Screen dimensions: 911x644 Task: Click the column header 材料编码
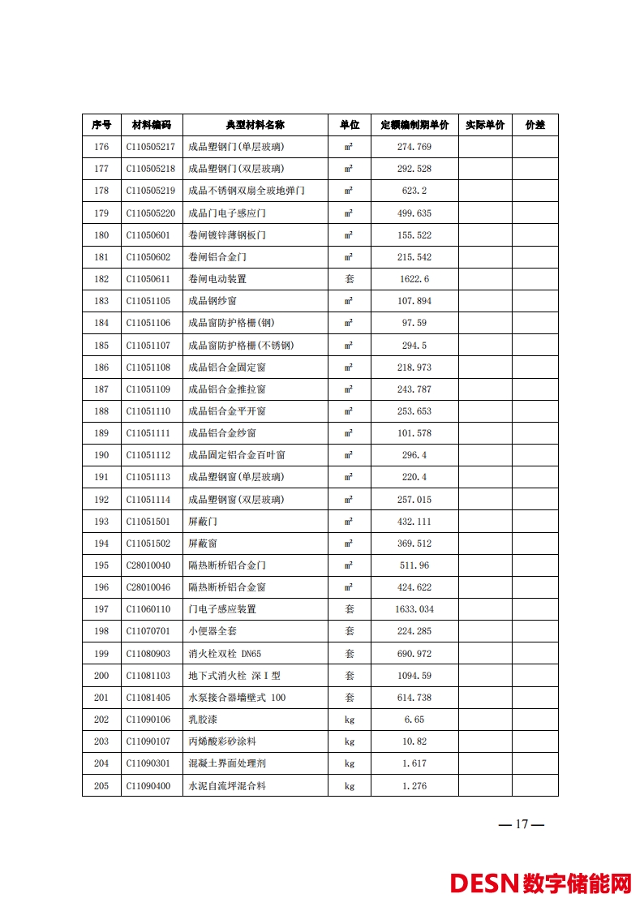(x=152, y=125)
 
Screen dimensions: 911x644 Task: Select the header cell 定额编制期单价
(x=414, y=125)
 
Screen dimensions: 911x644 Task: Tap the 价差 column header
(x=535, y=125)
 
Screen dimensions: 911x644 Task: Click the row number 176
(x=101, y=147)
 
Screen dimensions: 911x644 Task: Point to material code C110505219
(x=151, y=191)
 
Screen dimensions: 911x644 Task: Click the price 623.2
(x=414, y=191)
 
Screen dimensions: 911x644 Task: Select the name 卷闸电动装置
(x=217, y=279)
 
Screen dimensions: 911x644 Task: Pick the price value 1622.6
(x=414, y=279)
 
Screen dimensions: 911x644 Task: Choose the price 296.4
(x=414, y=455)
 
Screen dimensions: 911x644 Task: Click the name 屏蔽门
(x=203, y=521)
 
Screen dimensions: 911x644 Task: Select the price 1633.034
(x=414, y=609)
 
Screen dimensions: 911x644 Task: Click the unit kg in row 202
(x=350, y=720)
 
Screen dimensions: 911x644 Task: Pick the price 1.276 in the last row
(x=414, y=785)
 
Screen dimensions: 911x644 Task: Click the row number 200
(x=101, y=675)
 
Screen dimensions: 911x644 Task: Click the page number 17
(x=521, y=824)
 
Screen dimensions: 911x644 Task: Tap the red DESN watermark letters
(x=484, y=883)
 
